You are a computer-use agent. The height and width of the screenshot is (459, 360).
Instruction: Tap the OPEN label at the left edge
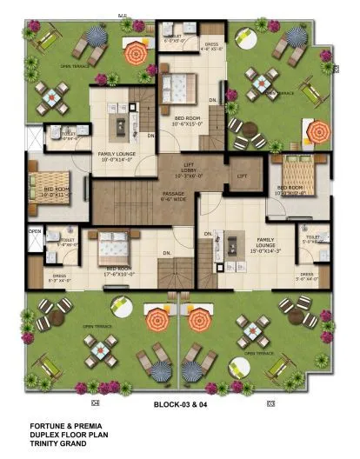pyautogui.click(x=34, y=232)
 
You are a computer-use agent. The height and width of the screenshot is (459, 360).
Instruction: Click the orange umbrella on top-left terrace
pyautogui.click(x=135, y=55)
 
